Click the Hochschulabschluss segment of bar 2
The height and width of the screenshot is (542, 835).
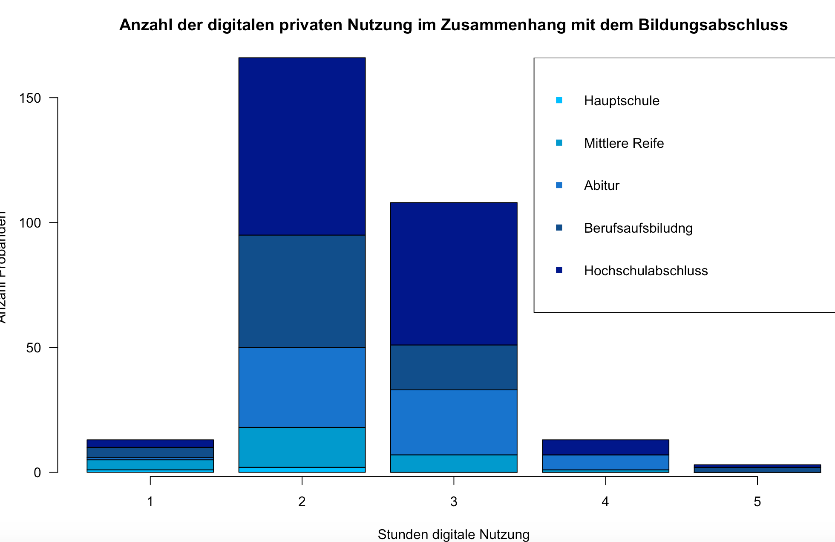point(302,146)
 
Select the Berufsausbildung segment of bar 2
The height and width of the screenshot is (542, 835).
point(302,291)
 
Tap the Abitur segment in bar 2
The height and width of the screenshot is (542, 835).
point(302,387)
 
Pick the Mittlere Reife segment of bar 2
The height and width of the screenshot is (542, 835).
point(302,447)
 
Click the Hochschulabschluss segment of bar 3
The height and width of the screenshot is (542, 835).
point(454,274)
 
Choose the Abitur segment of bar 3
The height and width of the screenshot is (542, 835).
point(454,422)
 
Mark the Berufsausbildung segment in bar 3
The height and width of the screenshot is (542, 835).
point(454,367)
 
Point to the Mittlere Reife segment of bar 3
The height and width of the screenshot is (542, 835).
point(454,463)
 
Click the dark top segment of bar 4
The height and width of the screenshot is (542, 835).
point(605,447)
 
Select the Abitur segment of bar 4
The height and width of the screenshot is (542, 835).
point(605,462)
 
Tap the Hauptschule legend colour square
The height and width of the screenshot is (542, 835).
point(559,101)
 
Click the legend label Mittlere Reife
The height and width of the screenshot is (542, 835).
point(624,143)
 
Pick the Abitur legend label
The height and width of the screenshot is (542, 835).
point(602,186)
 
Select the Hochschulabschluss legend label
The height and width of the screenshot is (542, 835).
point(646,271)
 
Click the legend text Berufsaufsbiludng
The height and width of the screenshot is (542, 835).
point(638,228)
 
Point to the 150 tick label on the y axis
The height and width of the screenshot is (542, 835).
point(30,98)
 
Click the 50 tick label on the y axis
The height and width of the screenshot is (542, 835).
point(33,348)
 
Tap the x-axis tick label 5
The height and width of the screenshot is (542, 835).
point(757,502)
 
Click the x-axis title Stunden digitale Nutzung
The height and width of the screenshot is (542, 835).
point(453,534)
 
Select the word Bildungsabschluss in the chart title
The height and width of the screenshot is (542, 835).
point(713,25)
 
